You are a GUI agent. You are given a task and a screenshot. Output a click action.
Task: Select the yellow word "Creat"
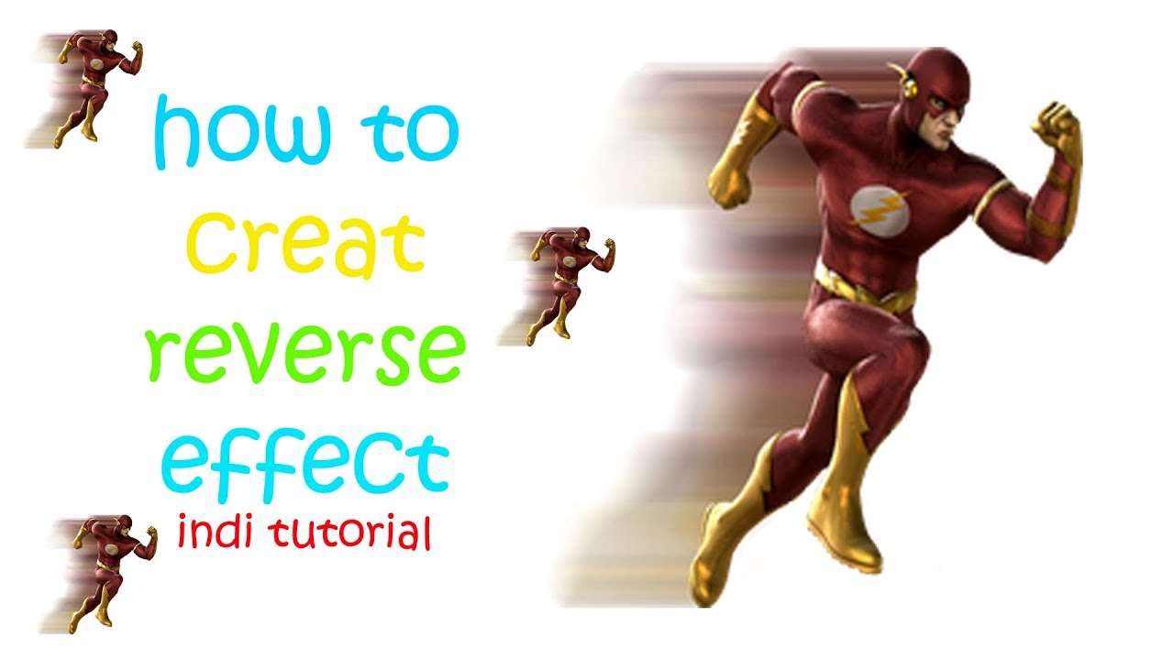tap(305, 240)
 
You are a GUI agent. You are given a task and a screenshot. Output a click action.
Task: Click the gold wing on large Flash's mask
tap(904, 81)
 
